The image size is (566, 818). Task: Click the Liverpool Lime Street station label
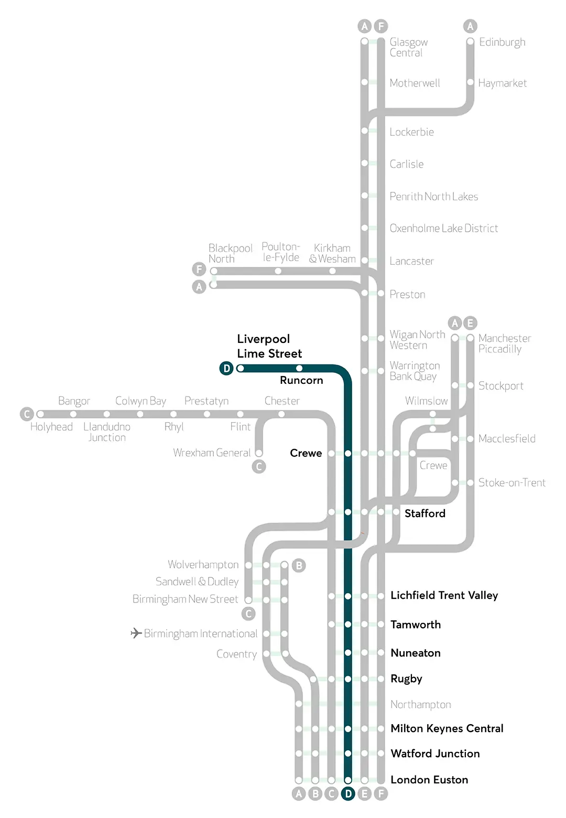[269, 346]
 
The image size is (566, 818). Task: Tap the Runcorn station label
[301, 380]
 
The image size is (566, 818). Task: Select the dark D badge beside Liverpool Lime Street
[226, 369]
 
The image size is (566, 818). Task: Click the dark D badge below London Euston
[348, 794]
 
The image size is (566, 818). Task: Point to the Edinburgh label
[502, 42]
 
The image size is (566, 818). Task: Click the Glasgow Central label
[408, 47]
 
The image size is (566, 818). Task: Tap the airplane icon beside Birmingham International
[136, 633]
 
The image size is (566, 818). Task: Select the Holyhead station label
[51, 427]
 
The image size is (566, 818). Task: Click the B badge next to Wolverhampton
[299, 565]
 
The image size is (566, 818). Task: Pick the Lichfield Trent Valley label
[444, 595]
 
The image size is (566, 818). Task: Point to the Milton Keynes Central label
[447, 728]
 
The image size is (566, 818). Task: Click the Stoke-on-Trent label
[511, 482]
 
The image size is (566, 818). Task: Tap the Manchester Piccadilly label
[504, 343]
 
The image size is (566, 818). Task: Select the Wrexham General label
[212, 453]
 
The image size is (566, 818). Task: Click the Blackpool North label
[230, 253]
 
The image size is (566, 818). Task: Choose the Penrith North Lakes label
[433, 197]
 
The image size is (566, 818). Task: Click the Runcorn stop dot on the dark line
[299, 368]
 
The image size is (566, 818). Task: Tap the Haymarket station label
[502, 83]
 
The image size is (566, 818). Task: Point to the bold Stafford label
[424, 513]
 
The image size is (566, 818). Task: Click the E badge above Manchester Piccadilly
[470, 323]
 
